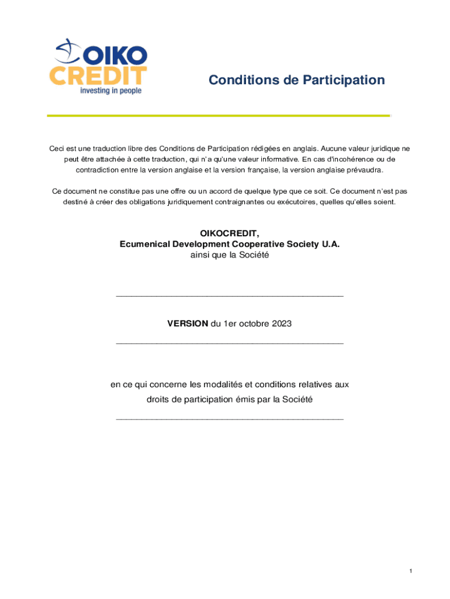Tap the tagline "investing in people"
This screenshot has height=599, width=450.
click(110, 91)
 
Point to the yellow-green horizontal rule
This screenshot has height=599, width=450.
click(218, 116)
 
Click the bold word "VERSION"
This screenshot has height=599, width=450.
click(187, 323)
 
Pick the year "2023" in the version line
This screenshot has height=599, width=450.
click(281, 323)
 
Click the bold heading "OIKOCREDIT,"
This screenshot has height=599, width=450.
click(229, 234)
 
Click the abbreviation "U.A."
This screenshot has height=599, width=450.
click(330, 245)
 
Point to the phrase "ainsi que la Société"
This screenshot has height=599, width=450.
click(230, 255)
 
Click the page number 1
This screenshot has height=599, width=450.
click(411, 571)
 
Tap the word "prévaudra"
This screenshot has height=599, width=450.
click(365, 170)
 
